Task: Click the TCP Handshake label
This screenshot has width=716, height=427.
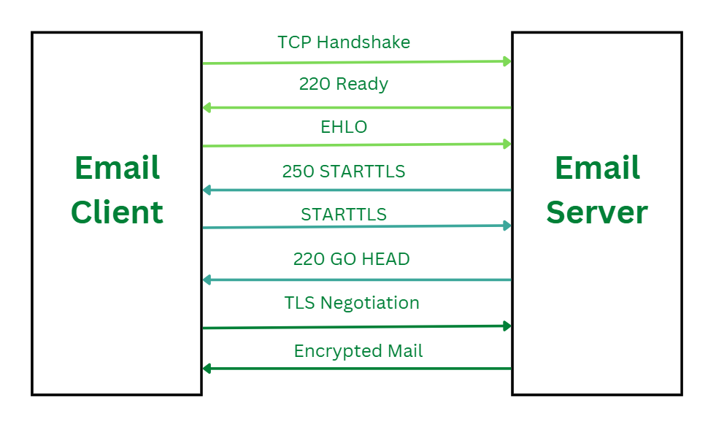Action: pos(344,42)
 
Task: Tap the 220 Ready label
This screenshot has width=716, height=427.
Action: pos(344,84)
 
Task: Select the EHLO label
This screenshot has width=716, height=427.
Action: pos(344,127)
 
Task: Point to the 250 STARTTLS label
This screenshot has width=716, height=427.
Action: pos(344,172)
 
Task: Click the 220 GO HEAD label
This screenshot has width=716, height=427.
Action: pos(351,258)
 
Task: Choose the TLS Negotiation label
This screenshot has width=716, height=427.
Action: pos(352,302)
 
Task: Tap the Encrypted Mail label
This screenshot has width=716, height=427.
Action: pos(358,351)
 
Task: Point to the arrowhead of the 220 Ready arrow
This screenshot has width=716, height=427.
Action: pos(207,108)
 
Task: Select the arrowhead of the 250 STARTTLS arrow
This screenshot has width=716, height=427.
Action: pos(207,191)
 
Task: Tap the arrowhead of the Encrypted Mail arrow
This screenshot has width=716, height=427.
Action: pos(207,369)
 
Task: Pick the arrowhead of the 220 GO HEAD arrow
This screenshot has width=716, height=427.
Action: pos(207,280)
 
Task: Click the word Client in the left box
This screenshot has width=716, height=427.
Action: pos(117,212)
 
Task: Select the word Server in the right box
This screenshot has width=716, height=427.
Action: pos(597,212)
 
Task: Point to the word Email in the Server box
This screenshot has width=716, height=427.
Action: pos(597,169)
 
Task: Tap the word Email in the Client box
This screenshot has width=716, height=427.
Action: pos(117,169)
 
